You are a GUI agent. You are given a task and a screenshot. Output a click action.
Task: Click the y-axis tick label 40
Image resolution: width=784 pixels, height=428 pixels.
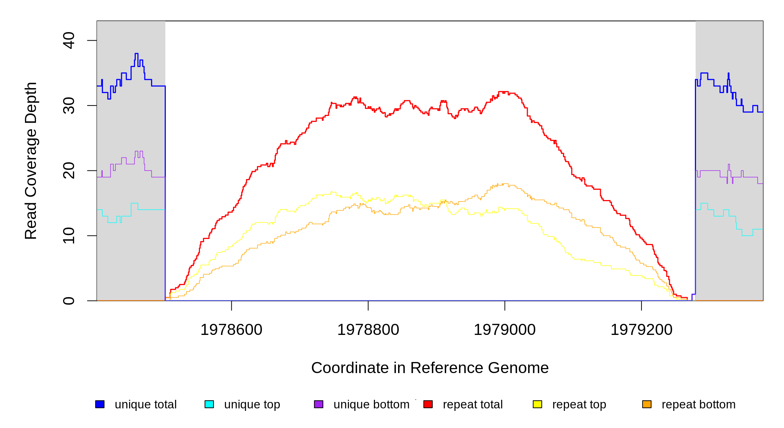[69, 40]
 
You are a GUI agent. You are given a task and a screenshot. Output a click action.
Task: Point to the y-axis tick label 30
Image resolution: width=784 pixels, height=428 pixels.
[69, 106]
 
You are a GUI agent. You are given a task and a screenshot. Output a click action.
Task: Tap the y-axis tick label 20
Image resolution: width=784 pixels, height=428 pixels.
[69, 170]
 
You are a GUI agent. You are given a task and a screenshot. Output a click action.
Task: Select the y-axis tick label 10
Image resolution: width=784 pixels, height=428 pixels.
[69, 236]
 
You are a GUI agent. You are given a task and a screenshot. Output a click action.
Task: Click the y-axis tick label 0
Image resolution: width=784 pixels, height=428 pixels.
[69, 301]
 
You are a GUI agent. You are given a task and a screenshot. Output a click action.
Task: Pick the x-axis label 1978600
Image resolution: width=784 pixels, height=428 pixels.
[231, 330]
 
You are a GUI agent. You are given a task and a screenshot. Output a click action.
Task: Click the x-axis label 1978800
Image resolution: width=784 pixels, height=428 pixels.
[368, 330]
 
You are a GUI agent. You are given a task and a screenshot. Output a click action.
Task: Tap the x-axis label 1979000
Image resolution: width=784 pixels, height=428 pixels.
[505, 330]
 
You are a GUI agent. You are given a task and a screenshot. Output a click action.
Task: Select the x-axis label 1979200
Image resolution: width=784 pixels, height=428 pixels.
[641, 330]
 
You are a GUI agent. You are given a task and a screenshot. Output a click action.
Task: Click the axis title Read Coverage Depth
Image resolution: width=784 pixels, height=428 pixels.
[31, 160]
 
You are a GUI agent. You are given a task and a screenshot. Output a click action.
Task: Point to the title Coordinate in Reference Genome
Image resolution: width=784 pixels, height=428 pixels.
[430, 368]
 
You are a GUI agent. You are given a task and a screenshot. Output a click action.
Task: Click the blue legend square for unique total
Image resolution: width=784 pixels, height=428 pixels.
[100, 404]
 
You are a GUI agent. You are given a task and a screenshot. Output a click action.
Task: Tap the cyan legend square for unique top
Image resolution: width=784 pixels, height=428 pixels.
[209, 404]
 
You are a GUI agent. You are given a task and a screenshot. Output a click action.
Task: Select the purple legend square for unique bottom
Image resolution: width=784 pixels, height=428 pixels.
[319, 404]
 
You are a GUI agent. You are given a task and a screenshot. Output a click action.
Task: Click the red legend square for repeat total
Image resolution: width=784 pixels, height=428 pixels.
[428, 404]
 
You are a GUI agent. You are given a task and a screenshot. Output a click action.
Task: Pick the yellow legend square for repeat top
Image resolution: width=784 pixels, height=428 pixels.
[537, 404]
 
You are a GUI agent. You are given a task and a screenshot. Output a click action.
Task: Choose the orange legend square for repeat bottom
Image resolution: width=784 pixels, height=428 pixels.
[647, 404]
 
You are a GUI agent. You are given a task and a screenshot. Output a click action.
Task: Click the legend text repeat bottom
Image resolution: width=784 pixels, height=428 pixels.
[698, 404]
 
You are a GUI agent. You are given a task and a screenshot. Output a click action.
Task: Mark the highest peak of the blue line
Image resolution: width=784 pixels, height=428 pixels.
[136, 53]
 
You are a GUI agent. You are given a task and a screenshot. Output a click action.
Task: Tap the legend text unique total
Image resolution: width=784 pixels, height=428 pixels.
[145, 404]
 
